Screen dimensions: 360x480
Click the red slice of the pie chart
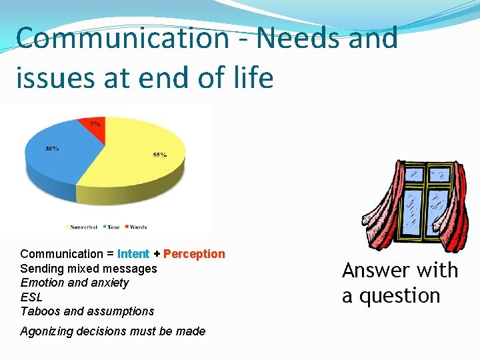tap(95, 129)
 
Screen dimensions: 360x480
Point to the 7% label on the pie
tap(95, 123)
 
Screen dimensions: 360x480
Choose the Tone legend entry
tap(111, 227)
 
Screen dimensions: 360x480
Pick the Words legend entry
tap(136, 227)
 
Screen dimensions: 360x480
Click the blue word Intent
tap(133, 254)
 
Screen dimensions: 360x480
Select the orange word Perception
tap(194, 254)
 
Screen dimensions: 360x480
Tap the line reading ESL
tap(31, 297)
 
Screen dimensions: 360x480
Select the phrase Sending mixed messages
tap(89, 269)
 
